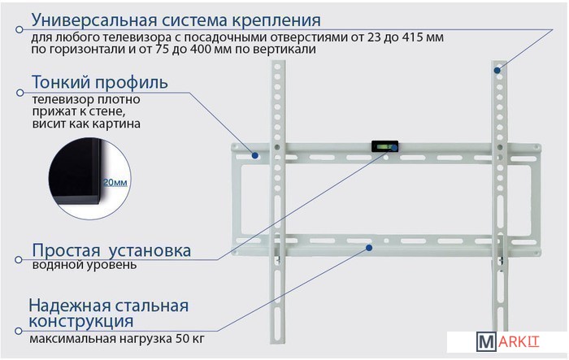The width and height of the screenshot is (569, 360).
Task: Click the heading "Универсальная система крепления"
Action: point(176,20)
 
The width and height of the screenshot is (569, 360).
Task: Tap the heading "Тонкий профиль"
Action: point(100,82)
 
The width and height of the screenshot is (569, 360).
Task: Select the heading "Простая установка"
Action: point(111,250)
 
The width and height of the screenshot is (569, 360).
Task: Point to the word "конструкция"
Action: point(81,322)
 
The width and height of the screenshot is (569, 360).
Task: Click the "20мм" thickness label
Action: point(115,182)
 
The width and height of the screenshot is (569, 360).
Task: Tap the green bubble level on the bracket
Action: point(384,146)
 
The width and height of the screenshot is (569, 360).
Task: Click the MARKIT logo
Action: point(508,342)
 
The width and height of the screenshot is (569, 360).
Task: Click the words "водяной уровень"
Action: point(85,265)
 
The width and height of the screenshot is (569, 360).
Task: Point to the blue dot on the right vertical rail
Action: point(497,71)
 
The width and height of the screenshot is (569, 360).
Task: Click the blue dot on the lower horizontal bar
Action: point(369,248)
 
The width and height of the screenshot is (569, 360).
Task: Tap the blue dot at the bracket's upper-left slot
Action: point(255,155)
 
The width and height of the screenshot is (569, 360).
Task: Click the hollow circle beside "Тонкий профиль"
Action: point(20,93)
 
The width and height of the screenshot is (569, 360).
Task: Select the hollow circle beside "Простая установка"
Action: point(19,260)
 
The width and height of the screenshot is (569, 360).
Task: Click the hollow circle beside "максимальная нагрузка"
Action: point(19,331)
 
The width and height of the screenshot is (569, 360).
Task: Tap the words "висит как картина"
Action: point(86,124)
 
